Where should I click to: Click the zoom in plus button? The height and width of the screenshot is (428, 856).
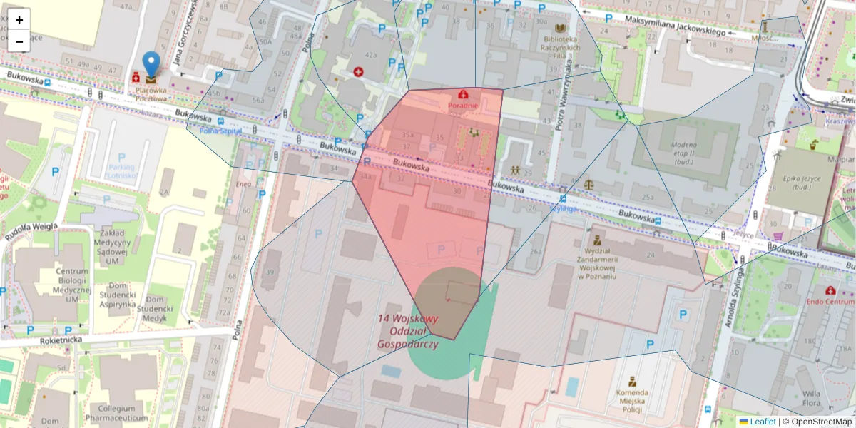[19, 20]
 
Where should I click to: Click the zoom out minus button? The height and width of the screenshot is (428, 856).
[19, 41]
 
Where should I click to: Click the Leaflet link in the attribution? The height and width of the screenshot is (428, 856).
[763, 422]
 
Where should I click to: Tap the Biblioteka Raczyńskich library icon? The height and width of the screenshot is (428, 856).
[561, 28]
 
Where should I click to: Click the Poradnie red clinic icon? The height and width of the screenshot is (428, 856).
[464, 94]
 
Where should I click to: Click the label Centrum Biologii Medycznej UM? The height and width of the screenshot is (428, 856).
[66, 285]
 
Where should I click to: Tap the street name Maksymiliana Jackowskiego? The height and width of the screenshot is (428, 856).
[675, 26]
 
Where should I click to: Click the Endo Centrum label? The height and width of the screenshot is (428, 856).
[830, 302]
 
